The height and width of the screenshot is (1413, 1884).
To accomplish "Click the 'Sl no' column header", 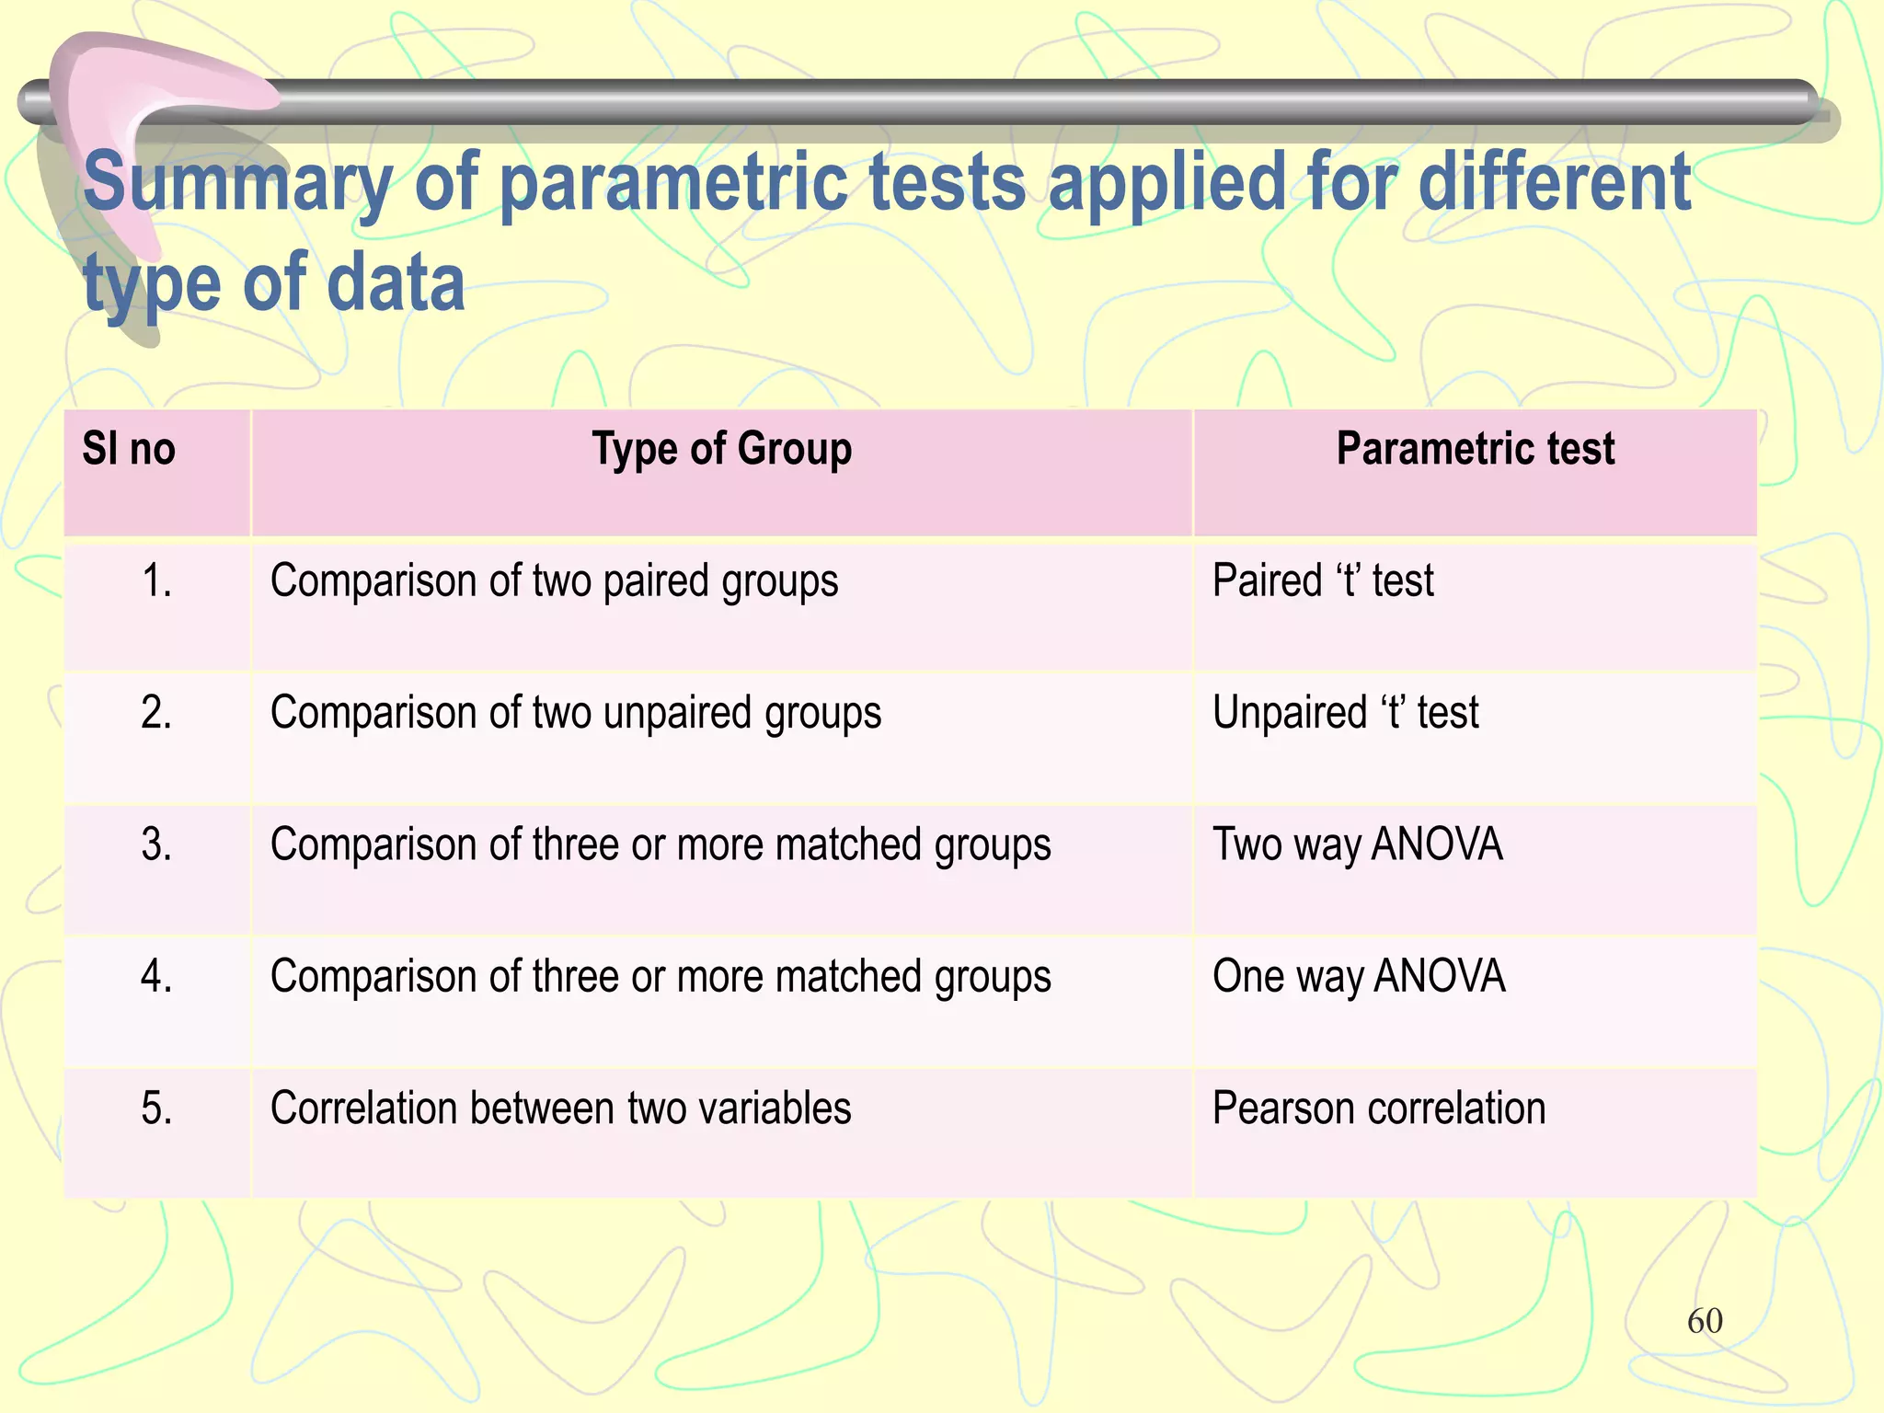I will pyautogui.click(x=128, y=450).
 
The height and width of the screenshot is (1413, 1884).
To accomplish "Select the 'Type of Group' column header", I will pyautogui.click(x=721, y=450).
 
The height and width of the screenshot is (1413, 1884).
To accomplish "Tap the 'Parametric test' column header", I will pyautogui.click(x=1475, y=450).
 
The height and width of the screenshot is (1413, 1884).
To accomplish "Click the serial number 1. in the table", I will pyautogui.click(x=156, y=581).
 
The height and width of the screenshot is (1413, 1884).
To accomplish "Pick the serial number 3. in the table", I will pyautogui.click(x=156, y=844).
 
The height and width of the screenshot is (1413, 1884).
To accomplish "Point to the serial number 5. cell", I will pyautogui.click(x=156, y=1109).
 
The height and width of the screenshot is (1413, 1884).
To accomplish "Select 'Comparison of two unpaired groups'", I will pyautogui.click(x=575, y=714).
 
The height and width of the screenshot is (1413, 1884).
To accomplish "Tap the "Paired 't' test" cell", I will pyautogui.click(x=1323, y=581).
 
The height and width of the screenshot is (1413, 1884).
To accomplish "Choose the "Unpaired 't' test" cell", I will pyautogui.click(x=1345, y=713).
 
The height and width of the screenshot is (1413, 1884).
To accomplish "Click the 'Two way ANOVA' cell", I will pyautogui.click(x=1357, y=845).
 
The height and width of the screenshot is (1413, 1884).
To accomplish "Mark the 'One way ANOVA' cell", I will pyautogui.click(x=1358, y=977).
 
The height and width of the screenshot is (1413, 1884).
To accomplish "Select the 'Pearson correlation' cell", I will pyautogui.click(x=1378, y=1109).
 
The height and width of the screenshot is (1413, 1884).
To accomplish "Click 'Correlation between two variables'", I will pyautogui.click(x=560, y=1109).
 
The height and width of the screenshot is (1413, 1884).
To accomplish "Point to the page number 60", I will pyautogui.click(x=1705, y=1321).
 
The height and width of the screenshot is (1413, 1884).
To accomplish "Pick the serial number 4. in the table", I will pyautogui.click(x=156, y=977).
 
